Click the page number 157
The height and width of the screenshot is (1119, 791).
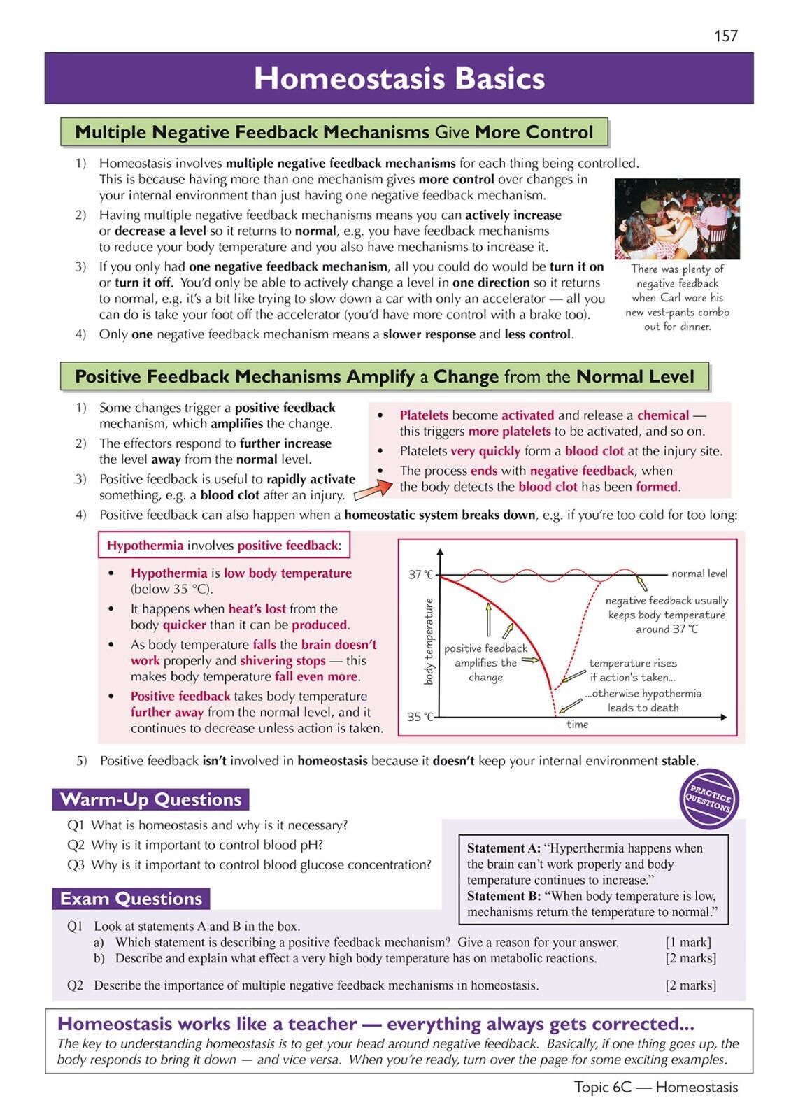(x=725, y=36)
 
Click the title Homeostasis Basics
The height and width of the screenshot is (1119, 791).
(x=399, y=78)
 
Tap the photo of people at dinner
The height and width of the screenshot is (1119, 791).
(x=676, y=219)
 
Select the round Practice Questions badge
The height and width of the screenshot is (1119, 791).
(x=709, y=799)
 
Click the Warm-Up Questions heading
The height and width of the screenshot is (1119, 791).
(x=150, y=799)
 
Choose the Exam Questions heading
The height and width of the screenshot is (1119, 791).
(x=131, y=899)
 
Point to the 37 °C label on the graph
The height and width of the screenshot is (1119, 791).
(x=420, y=574)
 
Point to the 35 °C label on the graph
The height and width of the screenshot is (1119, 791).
(x=420, y=717)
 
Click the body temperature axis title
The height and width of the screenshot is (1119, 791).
(x=429, y=641)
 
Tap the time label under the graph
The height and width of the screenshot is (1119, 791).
(x=577, y=725)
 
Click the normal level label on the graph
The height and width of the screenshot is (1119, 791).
(x=699, y=573)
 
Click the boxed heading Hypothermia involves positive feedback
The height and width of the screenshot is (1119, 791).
(x=224, y=546)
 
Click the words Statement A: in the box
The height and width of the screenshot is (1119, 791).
(x=504, y=848)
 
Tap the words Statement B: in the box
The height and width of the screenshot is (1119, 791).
(x=504, y=896)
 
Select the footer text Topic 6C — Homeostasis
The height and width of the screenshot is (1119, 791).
(x=655, y=1087)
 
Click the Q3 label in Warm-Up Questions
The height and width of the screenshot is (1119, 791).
(x=76, y=865)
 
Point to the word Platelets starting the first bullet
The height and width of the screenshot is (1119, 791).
(x=424, y=415)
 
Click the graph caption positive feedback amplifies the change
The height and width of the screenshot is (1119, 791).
(x=485, y=663)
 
